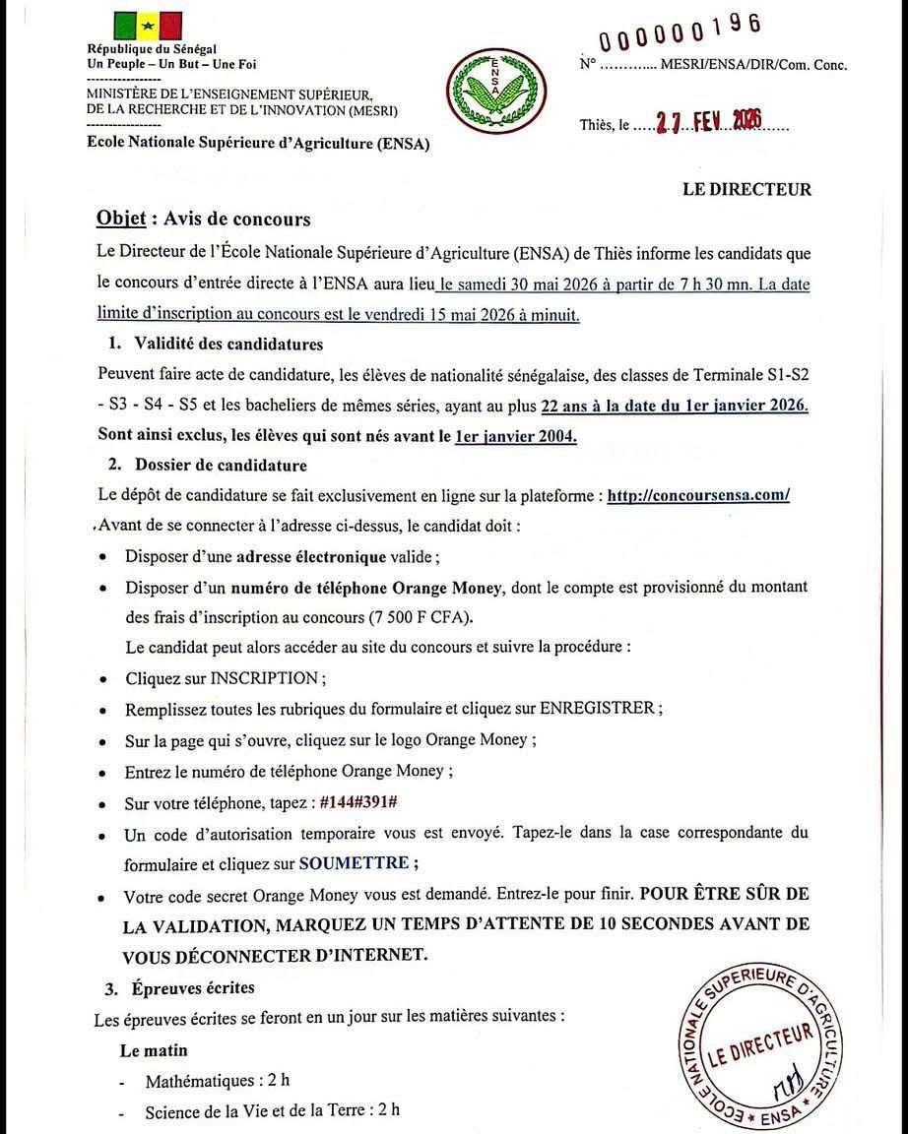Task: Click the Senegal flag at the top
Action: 149,26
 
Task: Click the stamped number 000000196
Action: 680,32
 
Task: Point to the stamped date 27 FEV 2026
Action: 709,123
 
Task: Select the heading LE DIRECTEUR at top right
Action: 746,190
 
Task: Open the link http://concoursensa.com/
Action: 698,496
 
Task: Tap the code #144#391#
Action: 358,803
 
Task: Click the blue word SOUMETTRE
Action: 354,863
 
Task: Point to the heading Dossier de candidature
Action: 221,465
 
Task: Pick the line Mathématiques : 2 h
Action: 217,1081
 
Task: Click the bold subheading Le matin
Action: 154,1050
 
